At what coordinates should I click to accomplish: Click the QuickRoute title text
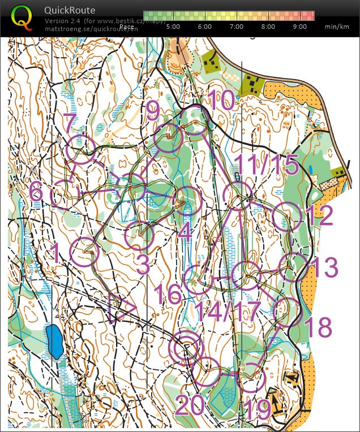point(70,10)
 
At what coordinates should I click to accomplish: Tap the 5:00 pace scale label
point(173,27)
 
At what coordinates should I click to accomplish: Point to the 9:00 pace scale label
point(300,27)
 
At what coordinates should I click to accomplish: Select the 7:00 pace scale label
point(237,27)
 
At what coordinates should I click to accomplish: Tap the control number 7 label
point(70,122)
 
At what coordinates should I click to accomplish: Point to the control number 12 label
point(319,217)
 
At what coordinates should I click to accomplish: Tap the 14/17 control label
point(225,312)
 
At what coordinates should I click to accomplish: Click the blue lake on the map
point(55,341)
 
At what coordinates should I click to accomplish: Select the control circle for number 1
point(84,252)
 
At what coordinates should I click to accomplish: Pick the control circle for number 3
point(139,237)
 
